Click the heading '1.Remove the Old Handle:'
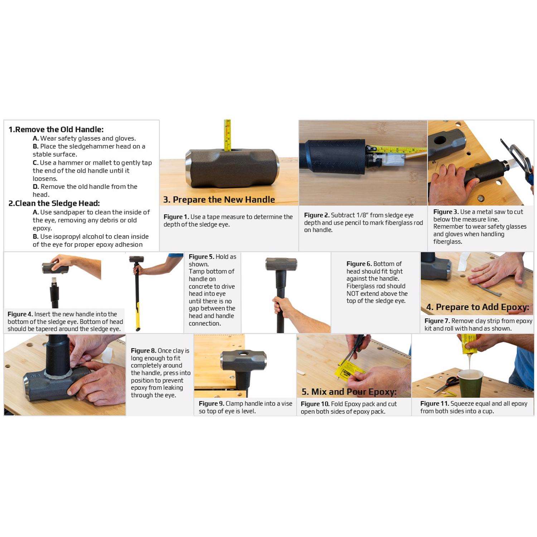click(x=56, y=130)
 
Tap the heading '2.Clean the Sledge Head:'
click(x=54, y=203)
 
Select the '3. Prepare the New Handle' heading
click(x=219, y=200)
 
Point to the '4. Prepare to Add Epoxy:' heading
click(x=478, y=307)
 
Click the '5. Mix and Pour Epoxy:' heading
click(x=349, y=392)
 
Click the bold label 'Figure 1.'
click(x=176, y=217)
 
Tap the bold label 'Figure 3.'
click(x=446, y=212)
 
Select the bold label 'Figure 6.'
click(x=359, y=264)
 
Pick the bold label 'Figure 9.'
click(x=211, y=403)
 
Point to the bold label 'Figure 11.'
click(x=435, y=403)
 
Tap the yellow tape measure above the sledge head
click(x=227, y=135)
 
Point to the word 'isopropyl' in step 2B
click(x=69, y=237)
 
